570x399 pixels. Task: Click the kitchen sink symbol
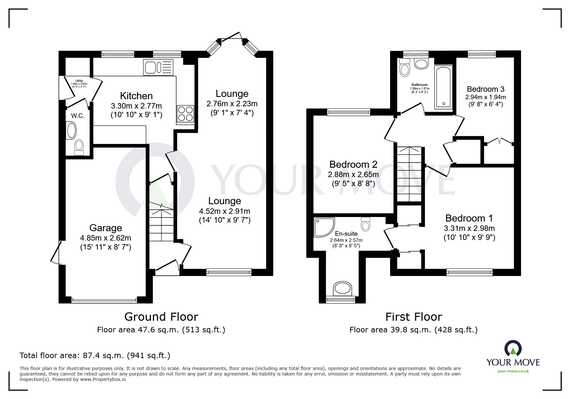158,67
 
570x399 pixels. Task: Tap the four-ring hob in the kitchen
185,114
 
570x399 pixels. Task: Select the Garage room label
106,228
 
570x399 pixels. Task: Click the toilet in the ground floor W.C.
79,147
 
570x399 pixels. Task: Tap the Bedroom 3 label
485,89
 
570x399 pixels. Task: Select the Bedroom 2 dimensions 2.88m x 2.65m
353,175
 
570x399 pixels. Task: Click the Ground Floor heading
161,317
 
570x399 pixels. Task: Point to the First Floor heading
414,317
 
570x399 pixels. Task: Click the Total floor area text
95,356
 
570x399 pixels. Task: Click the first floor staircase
409,174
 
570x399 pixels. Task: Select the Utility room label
79,81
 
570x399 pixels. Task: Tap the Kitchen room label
136,96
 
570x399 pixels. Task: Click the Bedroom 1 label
469,218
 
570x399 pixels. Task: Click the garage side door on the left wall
56,253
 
